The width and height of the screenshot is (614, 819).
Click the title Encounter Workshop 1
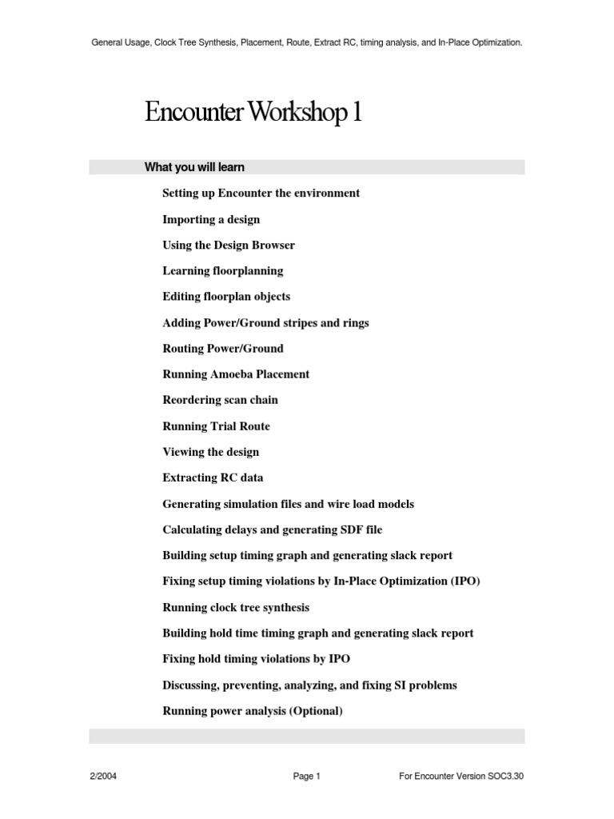(x=253, y=113)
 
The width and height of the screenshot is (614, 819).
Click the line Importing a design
(x=211, y=219)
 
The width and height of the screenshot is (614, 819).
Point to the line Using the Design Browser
(x=229, y=245)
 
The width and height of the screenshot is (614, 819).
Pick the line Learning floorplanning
(x=223, y=271)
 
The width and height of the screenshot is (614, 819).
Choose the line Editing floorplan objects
(x=226, y=297)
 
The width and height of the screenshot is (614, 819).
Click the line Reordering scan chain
(x=221, y=400)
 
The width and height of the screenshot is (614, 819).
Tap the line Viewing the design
(x=211, y=452)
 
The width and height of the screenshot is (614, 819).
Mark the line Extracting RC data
(x=213, y=478)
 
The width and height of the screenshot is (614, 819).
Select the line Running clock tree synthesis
(x=236, y=608)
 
